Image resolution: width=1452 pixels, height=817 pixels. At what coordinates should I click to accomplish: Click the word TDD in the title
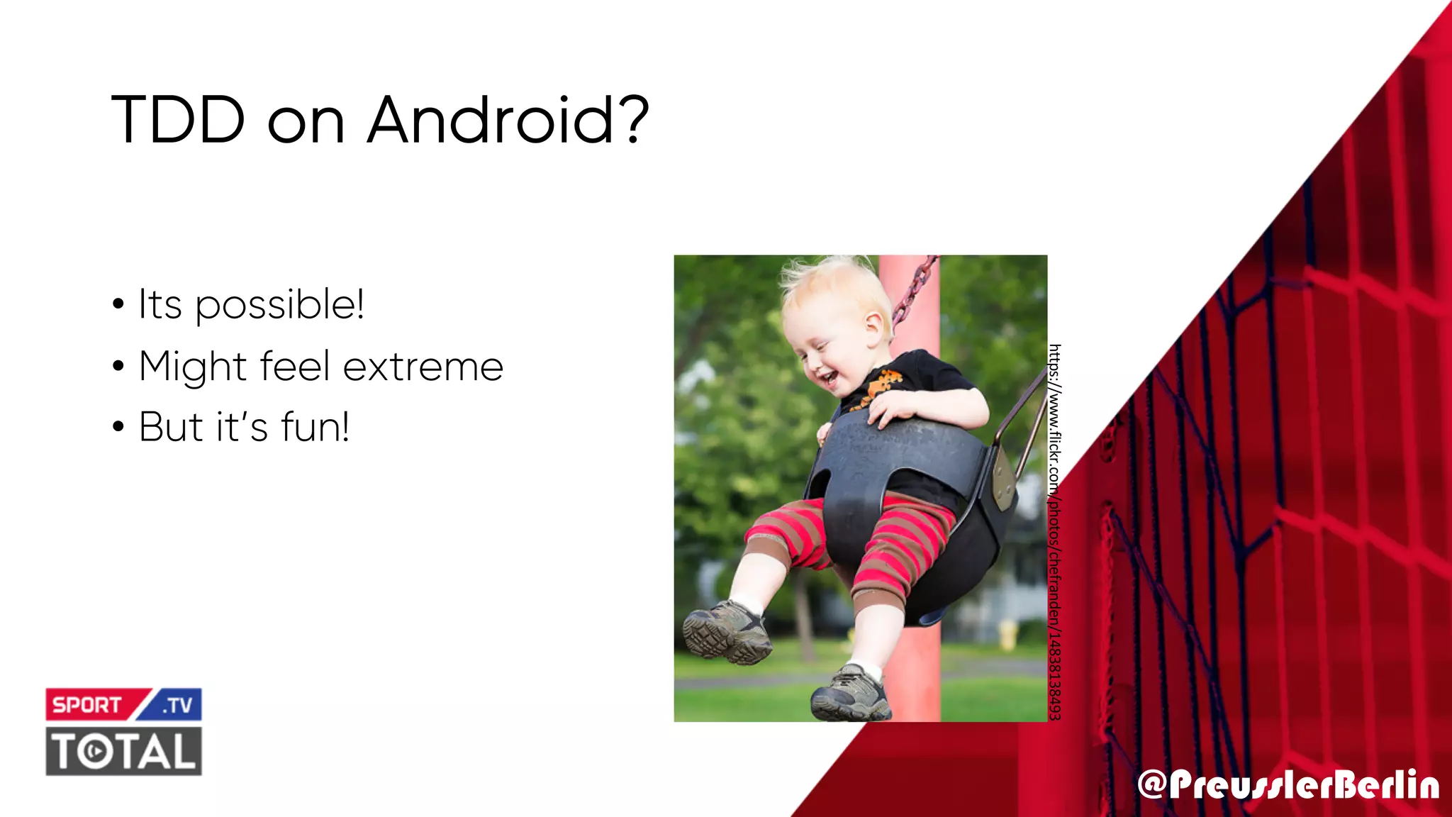point(178,120)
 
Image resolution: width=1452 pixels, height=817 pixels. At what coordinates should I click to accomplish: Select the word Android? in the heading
point(508,120)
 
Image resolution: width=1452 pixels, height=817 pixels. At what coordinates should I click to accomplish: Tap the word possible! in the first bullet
point(279,305)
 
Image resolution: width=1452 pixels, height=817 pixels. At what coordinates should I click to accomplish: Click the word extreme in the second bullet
point(423,367)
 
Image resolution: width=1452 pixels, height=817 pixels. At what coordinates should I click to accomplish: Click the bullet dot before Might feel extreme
point(118,367)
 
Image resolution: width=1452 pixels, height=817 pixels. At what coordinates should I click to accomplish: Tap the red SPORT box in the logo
point(88,705)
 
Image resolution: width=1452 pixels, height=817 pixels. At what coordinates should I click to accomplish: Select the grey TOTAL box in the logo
point(124,751)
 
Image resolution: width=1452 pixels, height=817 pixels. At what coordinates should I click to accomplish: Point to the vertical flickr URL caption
point(1055,532)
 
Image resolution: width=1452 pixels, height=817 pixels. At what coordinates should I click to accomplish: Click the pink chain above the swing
point(915,291)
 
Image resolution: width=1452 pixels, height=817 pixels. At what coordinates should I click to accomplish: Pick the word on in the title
point(306,120)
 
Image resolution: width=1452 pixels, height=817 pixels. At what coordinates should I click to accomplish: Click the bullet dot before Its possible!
point(118,306)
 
